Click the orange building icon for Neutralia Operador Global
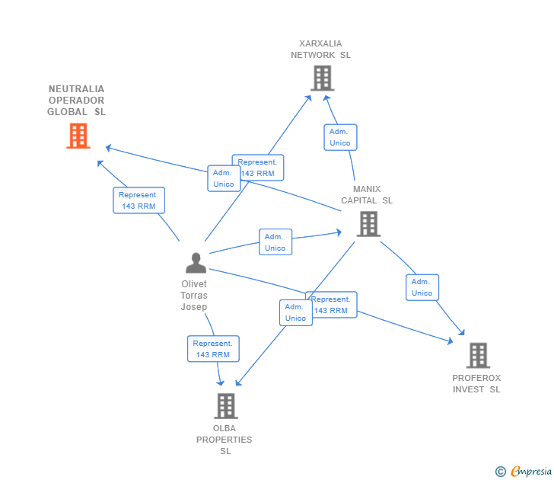click(78, 136)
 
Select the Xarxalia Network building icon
click(322, 78)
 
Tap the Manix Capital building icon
click(368, 223)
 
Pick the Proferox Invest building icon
click(477, 355)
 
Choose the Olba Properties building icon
click(225, 406)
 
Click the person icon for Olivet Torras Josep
click(196, 263)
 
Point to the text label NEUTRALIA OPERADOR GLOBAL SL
click(76, 101)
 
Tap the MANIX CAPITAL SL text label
click(367, 195)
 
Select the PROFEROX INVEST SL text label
click(476, 383)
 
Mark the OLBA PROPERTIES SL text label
click(224, 440)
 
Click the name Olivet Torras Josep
click(194, 296)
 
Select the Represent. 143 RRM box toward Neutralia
click(138, 200)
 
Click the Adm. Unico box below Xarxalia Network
click(340, 137)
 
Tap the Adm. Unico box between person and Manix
click(275, 242)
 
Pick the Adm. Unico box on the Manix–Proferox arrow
click(422, 287)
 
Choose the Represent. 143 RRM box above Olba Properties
click(213, 349)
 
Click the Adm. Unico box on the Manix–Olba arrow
click(295, 312)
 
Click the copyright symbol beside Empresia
click(501, 472)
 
